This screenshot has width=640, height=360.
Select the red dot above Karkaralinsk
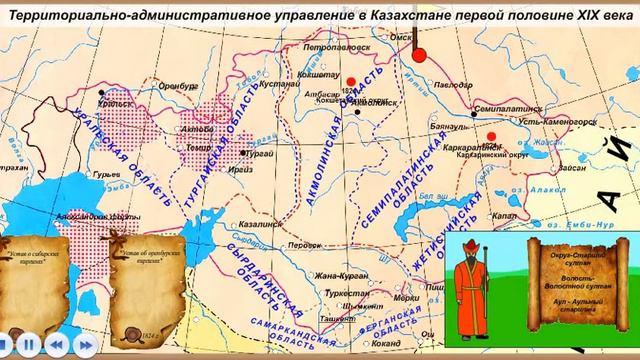[x=490, y=137]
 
